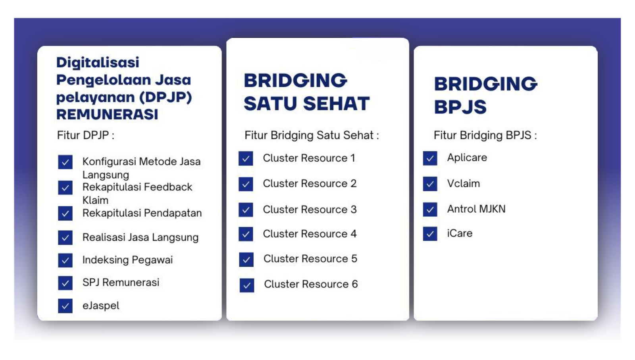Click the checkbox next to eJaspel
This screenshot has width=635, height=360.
(x=65, y=306)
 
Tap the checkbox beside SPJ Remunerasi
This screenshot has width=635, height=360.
(x=65, y=283)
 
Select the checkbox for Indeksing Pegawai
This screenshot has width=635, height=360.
(x=65, y=260)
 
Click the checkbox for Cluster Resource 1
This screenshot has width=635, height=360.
(x=246, y=158)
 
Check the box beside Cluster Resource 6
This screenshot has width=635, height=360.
(x=246, y=285)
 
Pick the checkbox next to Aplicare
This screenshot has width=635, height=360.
(x=430, y=158)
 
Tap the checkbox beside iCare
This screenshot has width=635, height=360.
(x=430, y=234)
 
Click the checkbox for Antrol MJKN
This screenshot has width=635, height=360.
(x=430, y=209)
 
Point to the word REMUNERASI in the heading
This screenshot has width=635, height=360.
(x=107, y=114)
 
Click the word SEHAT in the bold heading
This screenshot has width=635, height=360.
(x=337, y=104)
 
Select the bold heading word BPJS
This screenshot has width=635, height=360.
(x=460, y=107)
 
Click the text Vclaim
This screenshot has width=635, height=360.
(x=463, y=183)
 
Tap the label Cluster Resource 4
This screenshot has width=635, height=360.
(x=310, y=234)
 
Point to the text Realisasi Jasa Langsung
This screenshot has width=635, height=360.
(x=140, y=237)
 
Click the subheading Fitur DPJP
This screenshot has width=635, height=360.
(x=85, y=135)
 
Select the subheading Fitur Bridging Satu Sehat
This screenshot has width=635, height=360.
(x=312, y=135)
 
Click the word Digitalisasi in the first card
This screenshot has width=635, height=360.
(x=98, y=63)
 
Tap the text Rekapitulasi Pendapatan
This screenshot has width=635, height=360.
(x=142, y=213)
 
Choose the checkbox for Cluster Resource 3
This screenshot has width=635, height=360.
(x=246, y=210)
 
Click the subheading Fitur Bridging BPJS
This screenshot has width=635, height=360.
(x=485, y=135)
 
